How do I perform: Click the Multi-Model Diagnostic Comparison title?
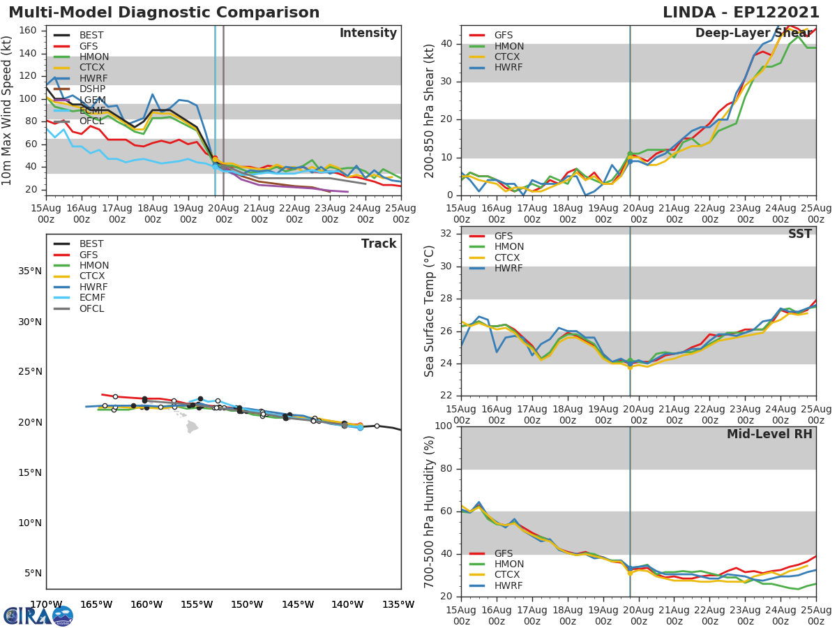(x=164, y=13)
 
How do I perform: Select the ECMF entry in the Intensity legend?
(x=91, y=111)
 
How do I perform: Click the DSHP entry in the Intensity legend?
(x=91, y=89)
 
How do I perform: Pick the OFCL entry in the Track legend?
(x=92, y=308)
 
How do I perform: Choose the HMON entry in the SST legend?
(x=508, y=247)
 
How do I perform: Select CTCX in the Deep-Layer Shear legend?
(x=508, y=57)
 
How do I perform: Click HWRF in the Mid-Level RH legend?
(x=508, y=586)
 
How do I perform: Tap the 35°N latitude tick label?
(x=29, y=271)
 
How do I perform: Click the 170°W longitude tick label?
(x=46, y=604)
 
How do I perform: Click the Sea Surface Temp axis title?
(x=430, y=311)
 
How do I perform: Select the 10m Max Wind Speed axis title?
(x=8, y=110)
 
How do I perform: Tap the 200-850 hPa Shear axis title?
(x=430, y=110)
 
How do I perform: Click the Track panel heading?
(x=379, y=244)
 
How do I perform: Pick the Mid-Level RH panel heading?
(x=769, y=434)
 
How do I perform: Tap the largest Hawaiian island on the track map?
(x=192, y=426)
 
